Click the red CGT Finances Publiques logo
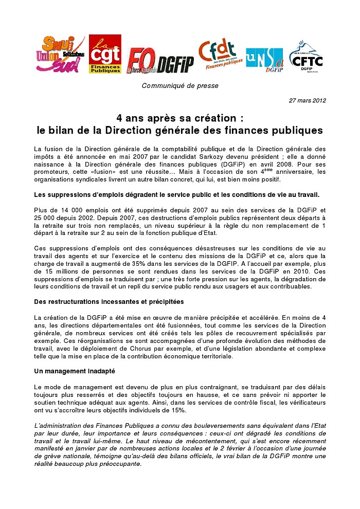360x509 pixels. pos(105,54)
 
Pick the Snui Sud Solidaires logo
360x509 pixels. pos(60,54)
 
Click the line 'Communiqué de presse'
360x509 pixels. pos(180,85)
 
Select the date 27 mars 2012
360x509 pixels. pos(308,100)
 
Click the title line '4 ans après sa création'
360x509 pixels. pos(179,118)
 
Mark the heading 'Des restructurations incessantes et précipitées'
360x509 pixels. pos(109,301)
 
